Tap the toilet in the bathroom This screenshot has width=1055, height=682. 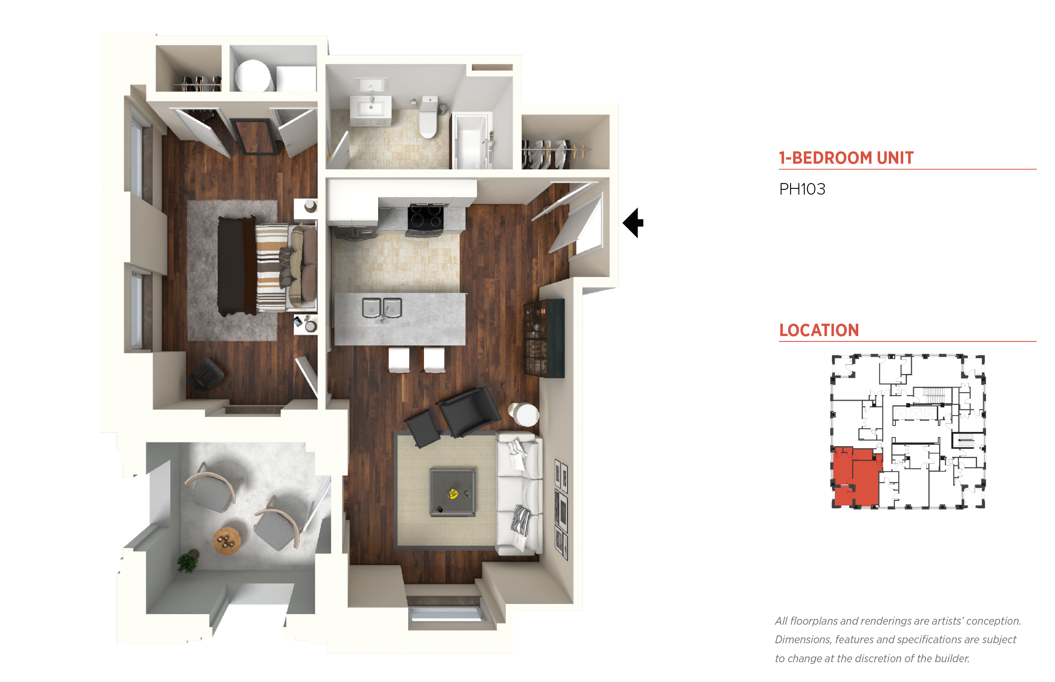[428, 117]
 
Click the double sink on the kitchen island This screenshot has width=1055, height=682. [382, 308]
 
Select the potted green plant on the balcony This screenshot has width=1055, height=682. [188, 562]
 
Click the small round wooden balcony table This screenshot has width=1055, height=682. [227, 541]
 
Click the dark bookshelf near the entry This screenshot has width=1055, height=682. [544, 339]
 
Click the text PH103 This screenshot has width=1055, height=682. [802, 190]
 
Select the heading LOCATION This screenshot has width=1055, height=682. [819, 330]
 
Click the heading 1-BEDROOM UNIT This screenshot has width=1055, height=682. [846, 158]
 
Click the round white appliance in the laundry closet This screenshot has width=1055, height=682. [253, 76]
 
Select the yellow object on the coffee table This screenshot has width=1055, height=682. [453, 493]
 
